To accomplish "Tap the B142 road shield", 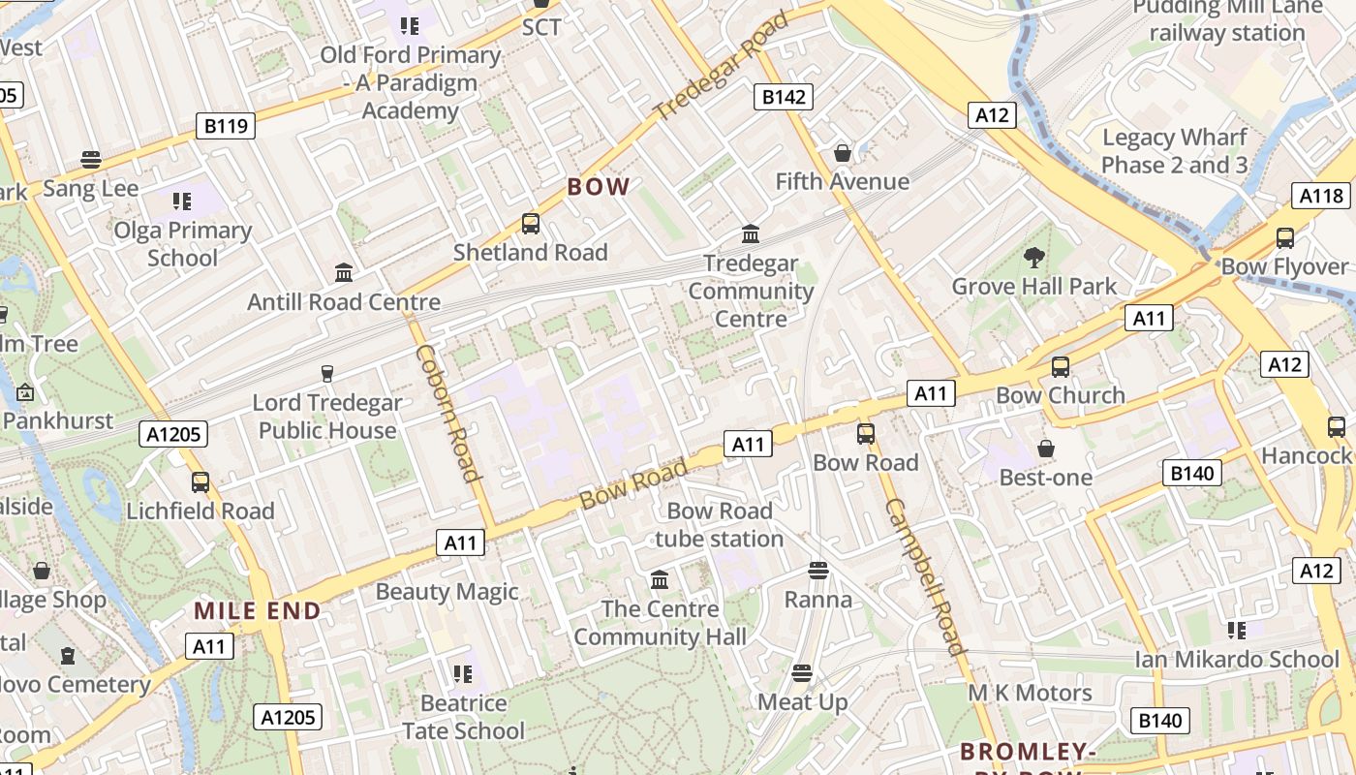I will tap(783, 96).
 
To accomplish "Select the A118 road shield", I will tap(1321, 196).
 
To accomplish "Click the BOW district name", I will tap(599, 187).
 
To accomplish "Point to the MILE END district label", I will tap(258, 611).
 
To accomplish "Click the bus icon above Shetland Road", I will tap(530, 224).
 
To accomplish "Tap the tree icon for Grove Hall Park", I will tap(1033, 258).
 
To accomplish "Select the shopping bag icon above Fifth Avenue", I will tap(842, 153).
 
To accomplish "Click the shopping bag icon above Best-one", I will tap(1045, 449).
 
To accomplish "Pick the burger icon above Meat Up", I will tap(801, 672).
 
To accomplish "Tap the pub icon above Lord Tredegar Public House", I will tap(326, 373).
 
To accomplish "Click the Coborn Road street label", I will tap(447, 412).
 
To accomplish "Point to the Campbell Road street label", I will tap(925, 576).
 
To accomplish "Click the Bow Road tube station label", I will tap(719, 524).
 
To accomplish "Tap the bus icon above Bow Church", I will tap(1061, 366).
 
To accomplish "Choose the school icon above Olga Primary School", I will tap(181, 201).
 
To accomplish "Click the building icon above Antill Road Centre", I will tap(344, 273).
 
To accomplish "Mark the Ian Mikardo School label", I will tap(1237, 659).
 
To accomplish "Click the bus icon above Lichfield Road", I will tap(200, 481).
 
